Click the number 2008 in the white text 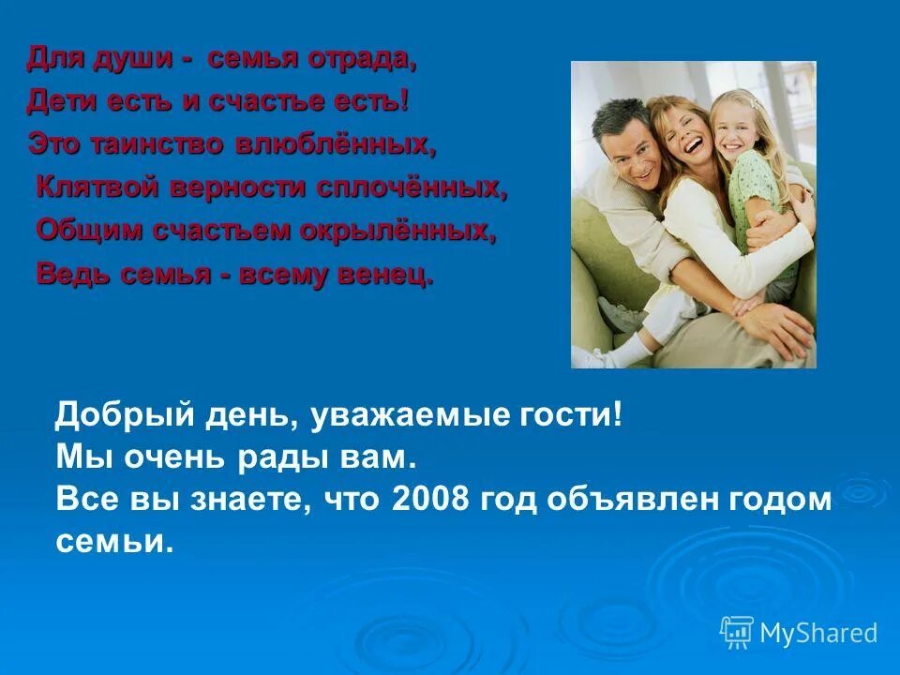431,499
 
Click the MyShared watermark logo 798,632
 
